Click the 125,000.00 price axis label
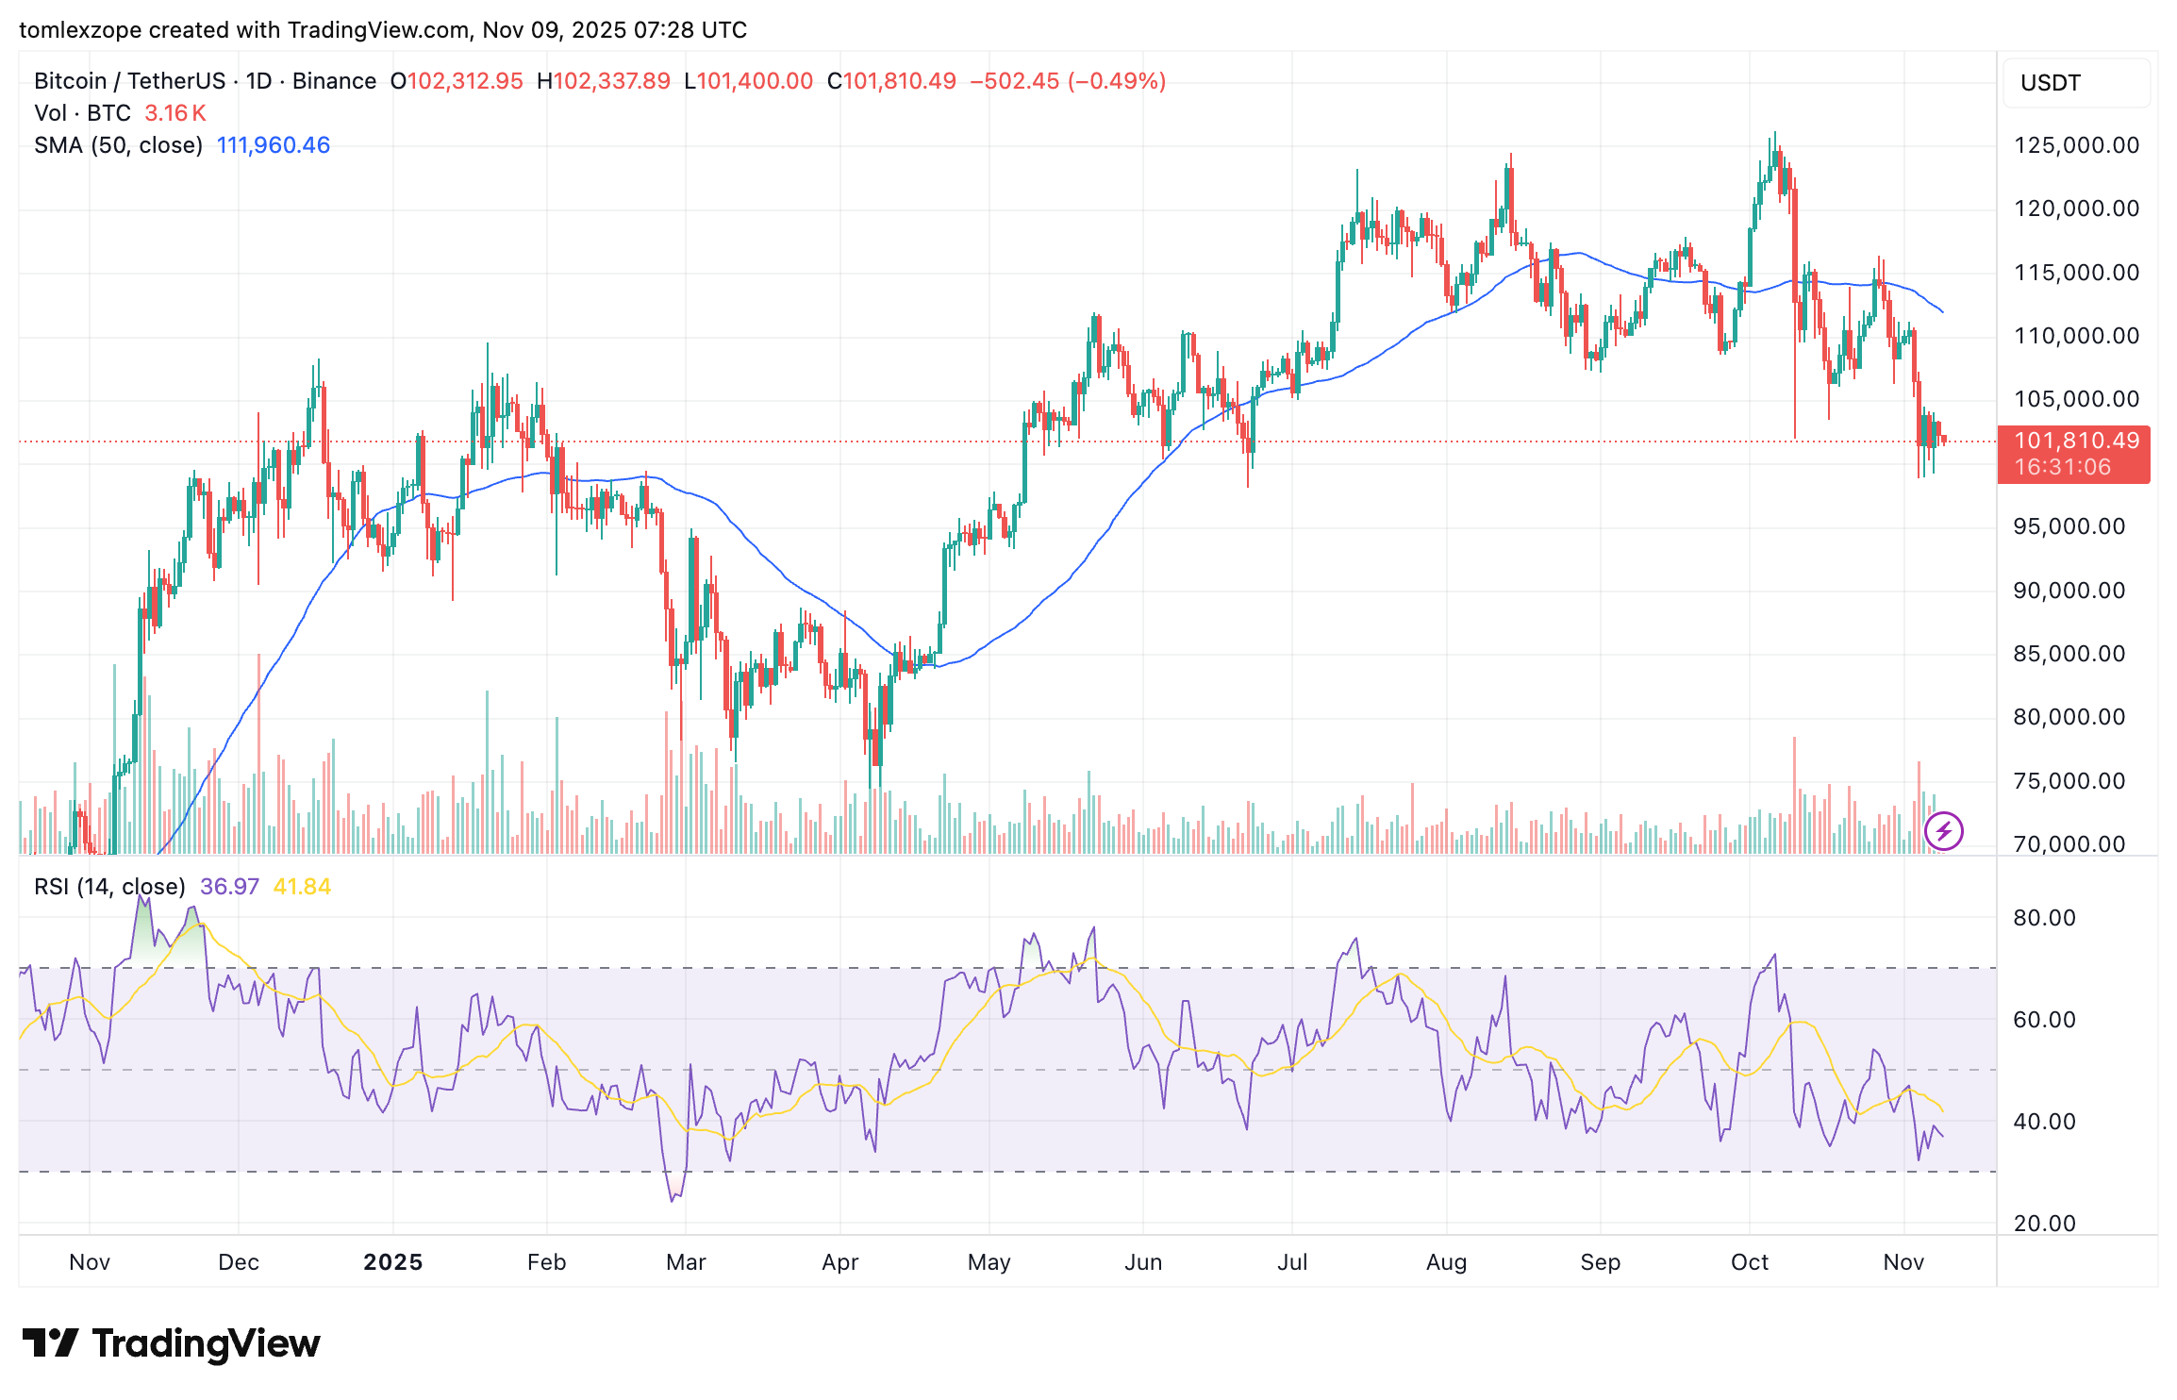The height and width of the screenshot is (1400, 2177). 2076,145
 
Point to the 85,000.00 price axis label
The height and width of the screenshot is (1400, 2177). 2069,654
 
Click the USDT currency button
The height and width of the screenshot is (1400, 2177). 2051,83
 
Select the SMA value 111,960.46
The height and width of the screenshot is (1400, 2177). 274,145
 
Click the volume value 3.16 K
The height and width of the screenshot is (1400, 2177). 174,113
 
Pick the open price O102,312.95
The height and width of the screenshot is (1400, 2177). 457,81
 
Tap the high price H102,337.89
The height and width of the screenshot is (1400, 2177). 604,81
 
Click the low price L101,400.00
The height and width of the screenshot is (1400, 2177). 748,81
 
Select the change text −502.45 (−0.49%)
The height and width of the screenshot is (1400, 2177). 1068,81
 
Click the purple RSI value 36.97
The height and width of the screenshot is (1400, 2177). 229,887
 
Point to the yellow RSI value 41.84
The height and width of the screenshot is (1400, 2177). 302,887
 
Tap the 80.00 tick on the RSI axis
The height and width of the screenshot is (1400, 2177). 2044,918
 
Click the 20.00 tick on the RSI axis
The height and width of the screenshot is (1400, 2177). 2044,1224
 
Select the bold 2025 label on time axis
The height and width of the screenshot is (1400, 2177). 392,1262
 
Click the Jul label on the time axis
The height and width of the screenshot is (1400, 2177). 1291,1262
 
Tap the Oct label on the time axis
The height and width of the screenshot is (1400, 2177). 1749,1262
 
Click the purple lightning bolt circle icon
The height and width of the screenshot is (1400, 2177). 1943,831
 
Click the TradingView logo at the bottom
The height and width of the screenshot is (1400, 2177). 172,1343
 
